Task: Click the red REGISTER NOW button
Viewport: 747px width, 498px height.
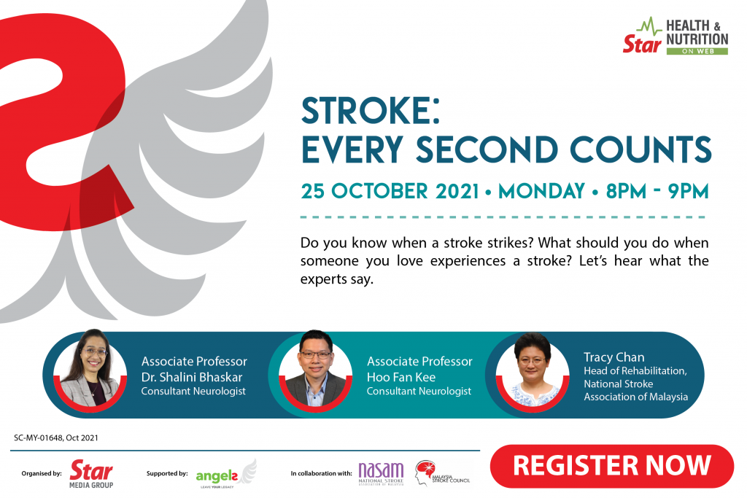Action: [x=612, y=466]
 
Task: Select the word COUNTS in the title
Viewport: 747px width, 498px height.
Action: [x=640, y=149]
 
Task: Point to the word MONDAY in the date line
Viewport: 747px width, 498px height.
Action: [x=541, y=191]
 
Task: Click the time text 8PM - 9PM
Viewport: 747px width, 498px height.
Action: [x=657, y=191]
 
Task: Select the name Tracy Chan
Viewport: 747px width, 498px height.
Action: [x=614, y=357]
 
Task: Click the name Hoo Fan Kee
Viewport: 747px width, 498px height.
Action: [x=401, y=377]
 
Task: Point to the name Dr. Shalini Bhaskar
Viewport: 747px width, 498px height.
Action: [x=192, y=377]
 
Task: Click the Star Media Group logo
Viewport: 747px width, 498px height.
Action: [x=91, y=474]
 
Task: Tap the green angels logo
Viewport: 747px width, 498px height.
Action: [x=226, y=474]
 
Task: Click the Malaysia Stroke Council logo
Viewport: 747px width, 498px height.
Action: [x=441, y=472]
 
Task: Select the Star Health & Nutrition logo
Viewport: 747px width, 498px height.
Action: [x=676, y=36]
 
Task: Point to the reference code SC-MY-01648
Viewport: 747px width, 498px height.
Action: [x=38, y=437]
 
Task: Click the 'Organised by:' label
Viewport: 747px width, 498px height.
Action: [x=42, y=473]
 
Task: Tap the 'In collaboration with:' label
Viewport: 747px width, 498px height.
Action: [x=321, y=473]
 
